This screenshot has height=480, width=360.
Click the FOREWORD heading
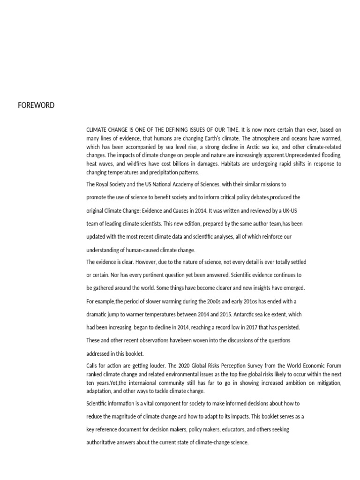click(x=36, y=105)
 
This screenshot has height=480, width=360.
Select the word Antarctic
click(x=270, y=314)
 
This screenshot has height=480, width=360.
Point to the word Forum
click(x=332, y=366)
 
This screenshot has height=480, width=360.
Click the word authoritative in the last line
click(x=103, y=442)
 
